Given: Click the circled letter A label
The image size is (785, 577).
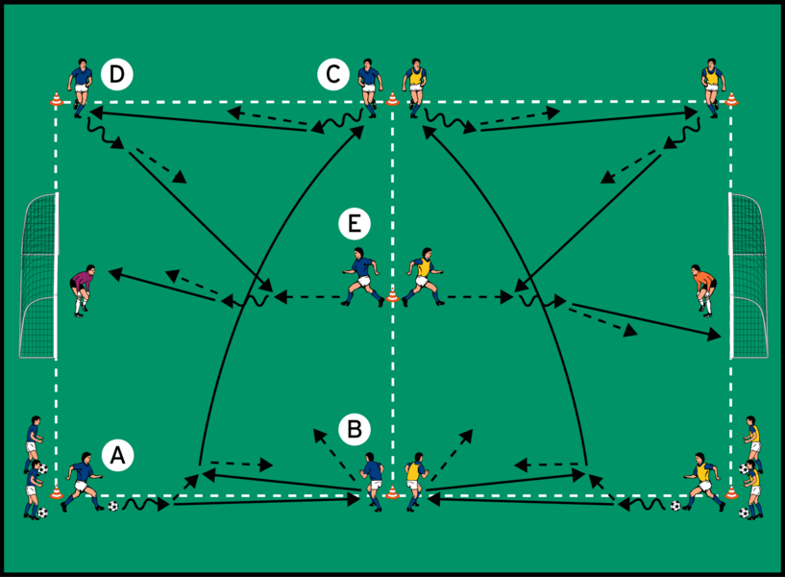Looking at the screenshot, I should (118, 454).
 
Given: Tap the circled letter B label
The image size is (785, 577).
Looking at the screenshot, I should (355, 429).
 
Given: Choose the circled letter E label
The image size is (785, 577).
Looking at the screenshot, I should (354, 225).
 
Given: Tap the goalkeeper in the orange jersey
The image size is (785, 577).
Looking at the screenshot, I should (705, 289).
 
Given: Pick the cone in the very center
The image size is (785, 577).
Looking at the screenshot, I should (392, 296).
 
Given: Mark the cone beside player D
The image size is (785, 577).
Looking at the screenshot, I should (56, 99).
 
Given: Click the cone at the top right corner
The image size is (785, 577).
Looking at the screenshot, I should (732, 98).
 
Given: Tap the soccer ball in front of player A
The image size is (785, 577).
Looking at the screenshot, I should (113, 506).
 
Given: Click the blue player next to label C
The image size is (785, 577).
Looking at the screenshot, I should (367, 85).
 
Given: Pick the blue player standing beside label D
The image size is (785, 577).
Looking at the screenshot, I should (81, 87).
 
